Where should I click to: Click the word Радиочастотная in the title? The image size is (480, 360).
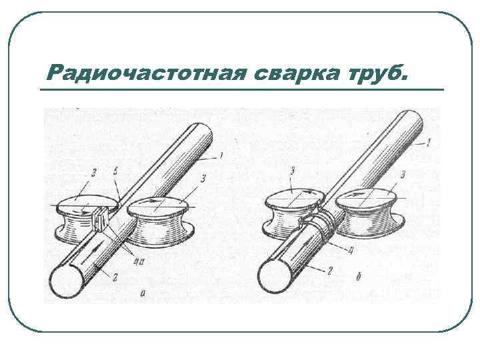(x=146, y=73)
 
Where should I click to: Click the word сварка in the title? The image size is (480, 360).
(x=296, y=73)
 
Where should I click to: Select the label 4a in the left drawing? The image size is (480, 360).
(x=139, y=262)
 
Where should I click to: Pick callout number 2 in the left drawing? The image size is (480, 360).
(x=115, y=277)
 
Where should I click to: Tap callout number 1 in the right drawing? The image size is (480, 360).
(x=429, y=143)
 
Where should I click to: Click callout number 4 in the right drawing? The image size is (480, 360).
(x=350, y=251)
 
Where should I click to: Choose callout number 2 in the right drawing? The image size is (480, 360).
(x=329, y=270)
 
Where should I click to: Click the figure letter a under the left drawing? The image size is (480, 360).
(x=143, y=294)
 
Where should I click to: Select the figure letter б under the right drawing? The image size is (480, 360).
(x=359, y=277)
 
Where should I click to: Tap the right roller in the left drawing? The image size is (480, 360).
(x=159, y=221)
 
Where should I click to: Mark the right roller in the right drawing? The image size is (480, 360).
(x=371, y=213)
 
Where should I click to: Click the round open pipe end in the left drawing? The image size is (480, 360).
(x=67, y=281)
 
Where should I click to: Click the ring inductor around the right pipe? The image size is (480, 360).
(x=325, y=227)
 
